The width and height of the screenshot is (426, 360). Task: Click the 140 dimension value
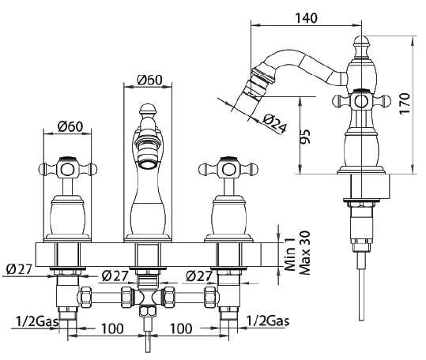[x=306, y=18]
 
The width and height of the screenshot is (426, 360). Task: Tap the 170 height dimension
[x=405, y=103]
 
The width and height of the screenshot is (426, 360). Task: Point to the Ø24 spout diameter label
[x=275, y=124]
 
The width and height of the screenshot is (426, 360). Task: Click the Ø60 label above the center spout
[x=149, y=80]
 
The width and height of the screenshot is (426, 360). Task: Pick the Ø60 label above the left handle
[x=70, y=126]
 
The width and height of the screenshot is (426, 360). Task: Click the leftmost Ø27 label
[x=19, y=269]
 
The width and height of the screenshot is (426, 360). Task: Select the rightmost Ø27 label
[x=199, y=276]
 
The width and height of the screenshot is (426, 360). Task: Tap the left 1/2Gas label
[x=37, y=321]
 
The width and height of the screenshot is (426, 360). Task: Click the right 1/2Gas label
[x=268, y=321]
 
